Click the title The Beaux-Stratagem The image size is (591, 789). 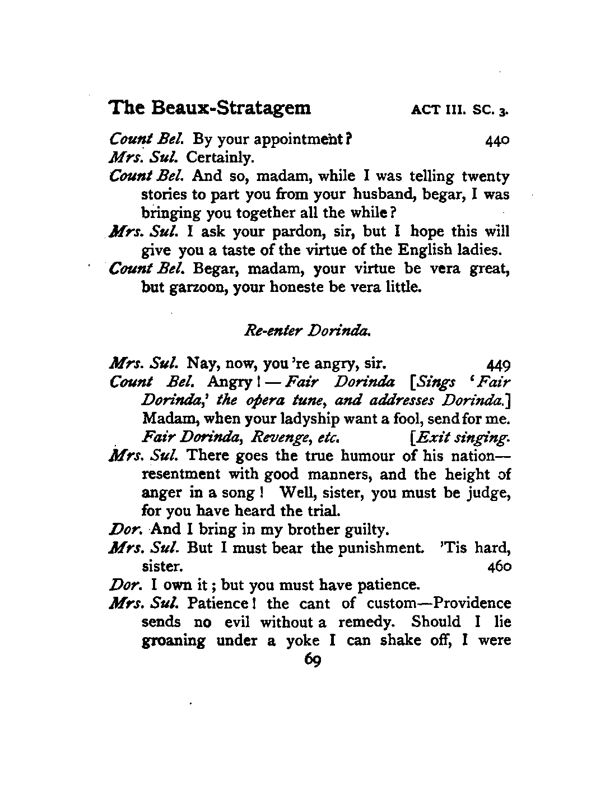[210, 107]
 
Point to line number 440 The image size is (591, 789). [497, 140]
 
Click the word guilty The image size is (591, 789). [371, 529]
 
